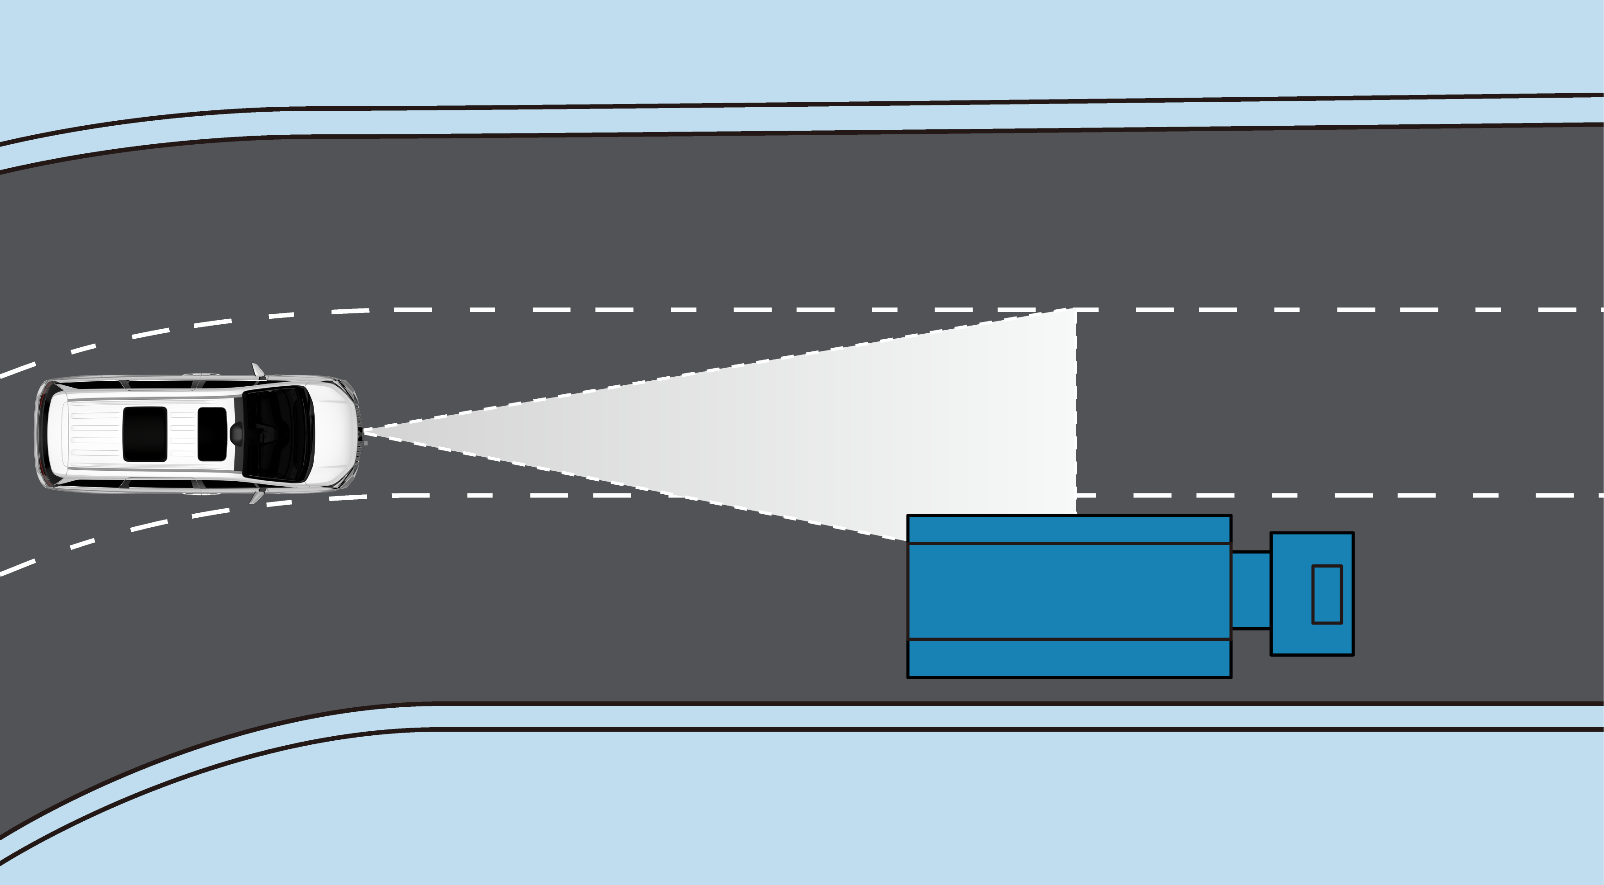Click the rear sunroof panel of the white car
pos(144,434)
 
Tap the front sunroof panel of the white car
pos(212,434)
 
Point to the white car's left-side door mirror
pos(257,371)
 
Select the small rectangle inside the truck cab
pos(1327,594)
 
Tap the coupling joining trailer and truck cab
pos(1251,590)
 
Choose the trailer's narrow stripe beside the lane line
pos(1069,529)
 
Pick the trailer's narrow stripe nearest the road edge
pos(1069,658)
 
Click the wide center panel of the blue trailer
pos(1069,591)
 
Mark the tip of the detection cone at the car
pos(364,430)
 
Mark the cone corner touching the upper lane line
pos(1076,309)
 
